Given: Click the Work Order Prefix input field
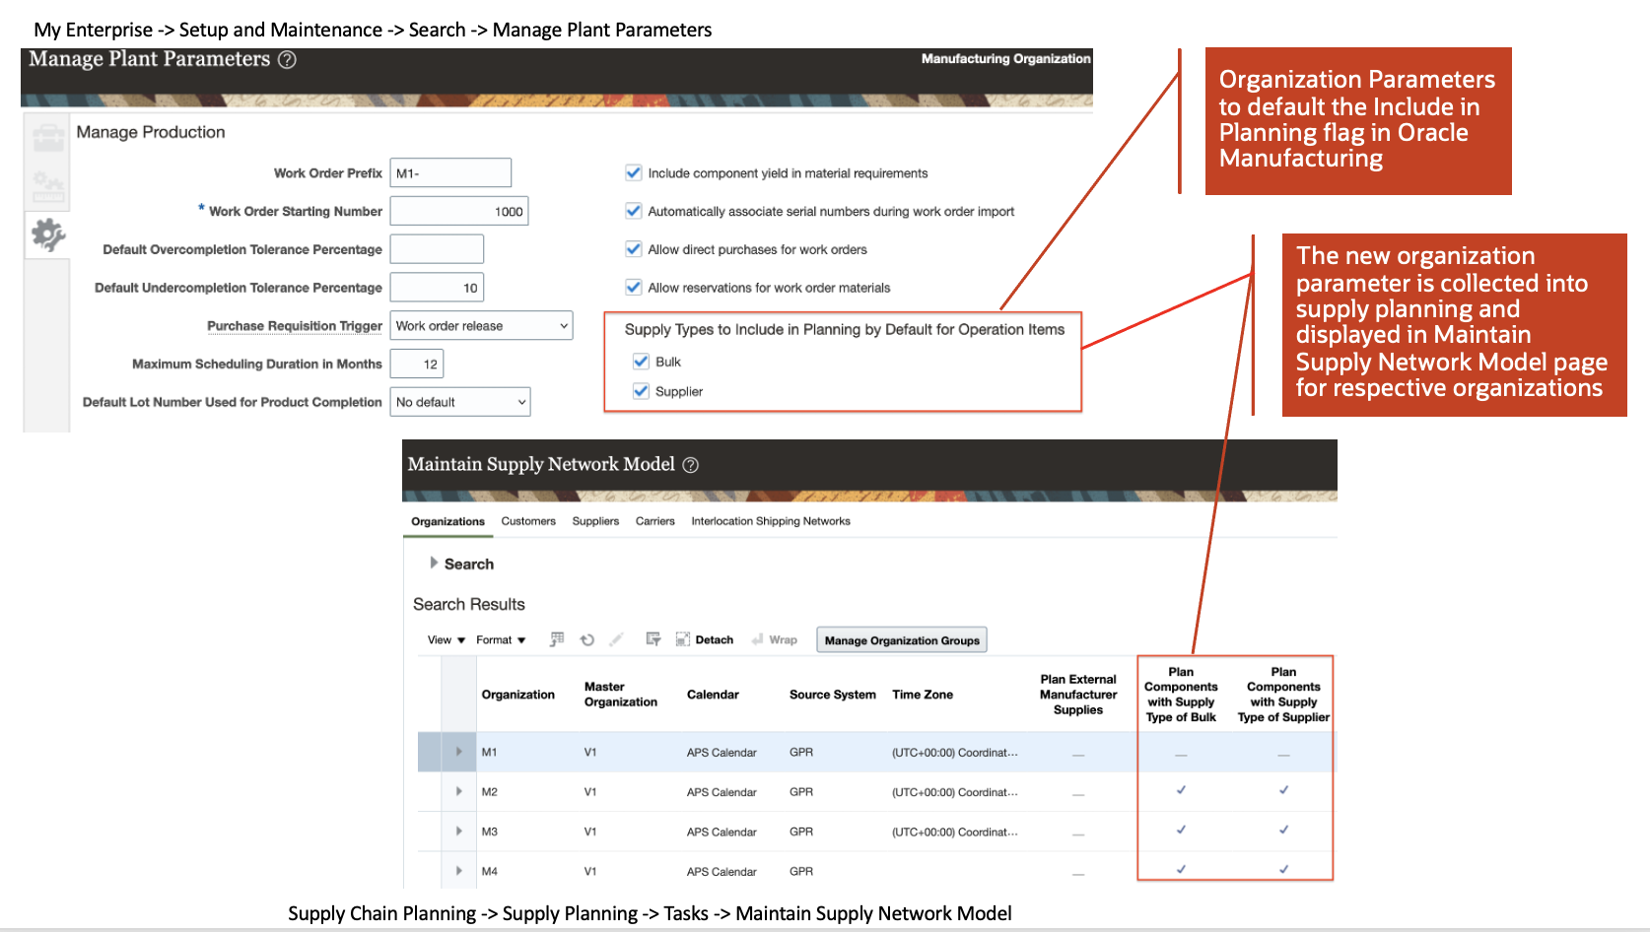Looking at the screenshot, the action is click(x=450, y=173).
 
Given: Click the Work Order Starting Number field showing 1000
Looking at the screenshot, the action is click(x=459, y=211).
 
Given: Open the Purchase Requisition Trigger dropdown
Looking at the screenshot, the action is click(x=481, y=325).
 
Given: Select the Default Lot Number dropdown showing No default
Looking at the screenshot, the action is click(x=459, y=402).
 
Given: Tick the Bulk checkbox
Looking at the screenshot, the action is click(x=641, y=362).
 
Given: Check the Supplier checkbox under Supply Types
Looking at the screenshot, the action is click(x=641, y=391).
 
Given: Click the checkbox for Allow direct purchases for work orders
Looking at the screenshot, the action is click(x=633, y=249).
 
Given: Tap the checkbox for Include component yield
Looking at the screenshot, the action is click(x=633, y=173).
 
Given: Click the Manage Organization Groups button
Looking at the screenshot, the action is click(x=902, y=639).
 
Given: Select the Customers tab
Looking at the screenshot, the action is click(x=528, y=521).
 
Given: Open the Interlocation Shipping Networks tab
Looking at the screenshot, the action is click(x=771, y=521).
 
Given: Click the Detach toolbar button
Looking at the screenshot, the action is click(x=705, y=639).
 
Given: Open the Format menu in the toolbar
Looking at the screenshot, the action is click(x=501, y=639).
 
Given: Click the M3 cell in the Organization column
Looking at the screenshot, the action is click(x=489, y=832).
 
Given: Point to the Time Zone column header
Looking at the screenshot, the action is click(x=923, y=695).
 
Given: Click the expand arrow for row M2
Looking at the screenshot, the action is click(x=459, y=791).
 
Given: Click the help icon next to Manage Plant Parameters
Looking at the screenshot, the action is click(x=287, y=60).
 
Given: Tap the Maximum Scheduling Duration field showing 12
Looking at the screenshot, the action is click(x=416, y=364).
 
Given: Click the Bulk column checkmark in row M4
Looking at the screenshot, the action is click(x=1181, y=869).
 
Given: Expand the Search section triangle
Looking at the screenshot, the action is click(x=433, y=564).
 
